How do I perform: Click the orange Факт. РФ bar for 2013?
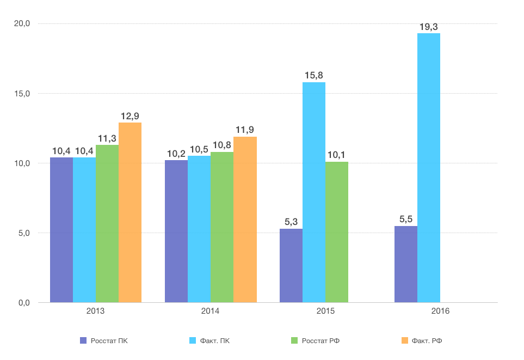(x=130, y=212)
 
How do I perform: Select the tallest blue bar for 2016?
(x=429, y=168)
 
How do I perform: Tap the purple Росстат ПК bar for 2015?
(x=291, y=265)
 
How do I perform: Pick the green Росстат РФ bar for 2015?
(x=337, y=232)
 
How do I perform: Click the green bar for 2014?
(x=222, y=227)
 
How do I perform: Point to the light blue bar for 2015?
(x=314, y=192)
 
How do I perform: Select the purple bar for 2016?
(x=406, y=264)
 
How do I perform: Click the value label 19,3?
(x=429, y=27)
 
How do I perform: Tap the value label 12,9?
(x=130, y=116)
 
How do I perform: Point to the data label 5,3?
(x=291, y=222)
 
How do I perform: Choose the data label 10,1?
(x=337, y=155)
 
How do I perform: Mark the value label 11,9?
(x=245, y=130)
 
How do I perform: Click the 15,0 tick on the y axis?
(x=22, y=94)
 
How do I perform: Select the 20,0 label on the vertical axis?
(x=22, y=24)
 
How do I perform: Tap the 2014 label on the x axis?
(x=211, y=312)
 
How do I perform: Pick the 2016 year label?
(x=441, y=312)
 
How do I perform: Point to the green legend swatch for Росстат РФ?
(x=294, y=341)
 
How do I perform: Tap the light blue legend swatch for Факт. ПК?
(x=192, y=341)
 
